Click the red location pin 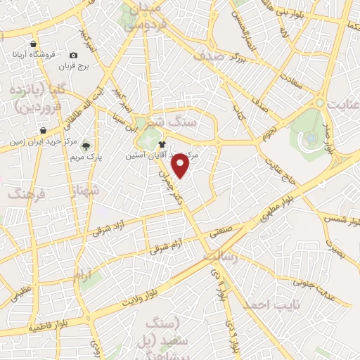pyautogui.click(x=181, y=165)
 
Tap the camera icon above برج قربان pyautogui.click(x=73, y=55)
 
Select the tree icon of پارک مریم pyautogui.click(x=86, y=146)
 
